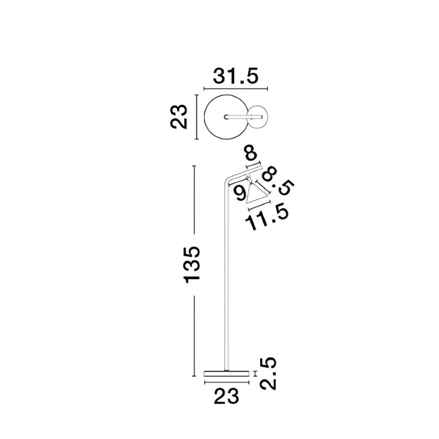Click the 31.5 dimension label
pyautogui.click(x=236, y=76)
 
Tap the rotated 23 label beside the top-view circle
pyautogui.click(x=179, y=117)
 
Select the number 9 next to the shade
pyautogui.click(x=241, y=193)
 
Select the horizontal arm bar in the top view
pyautogui.click(x=243, y=117)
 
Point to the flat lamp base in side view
pyautogui.click(x=226, y=373)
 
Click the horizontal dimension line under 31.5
pyautogui.click(x=236, y=89)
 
